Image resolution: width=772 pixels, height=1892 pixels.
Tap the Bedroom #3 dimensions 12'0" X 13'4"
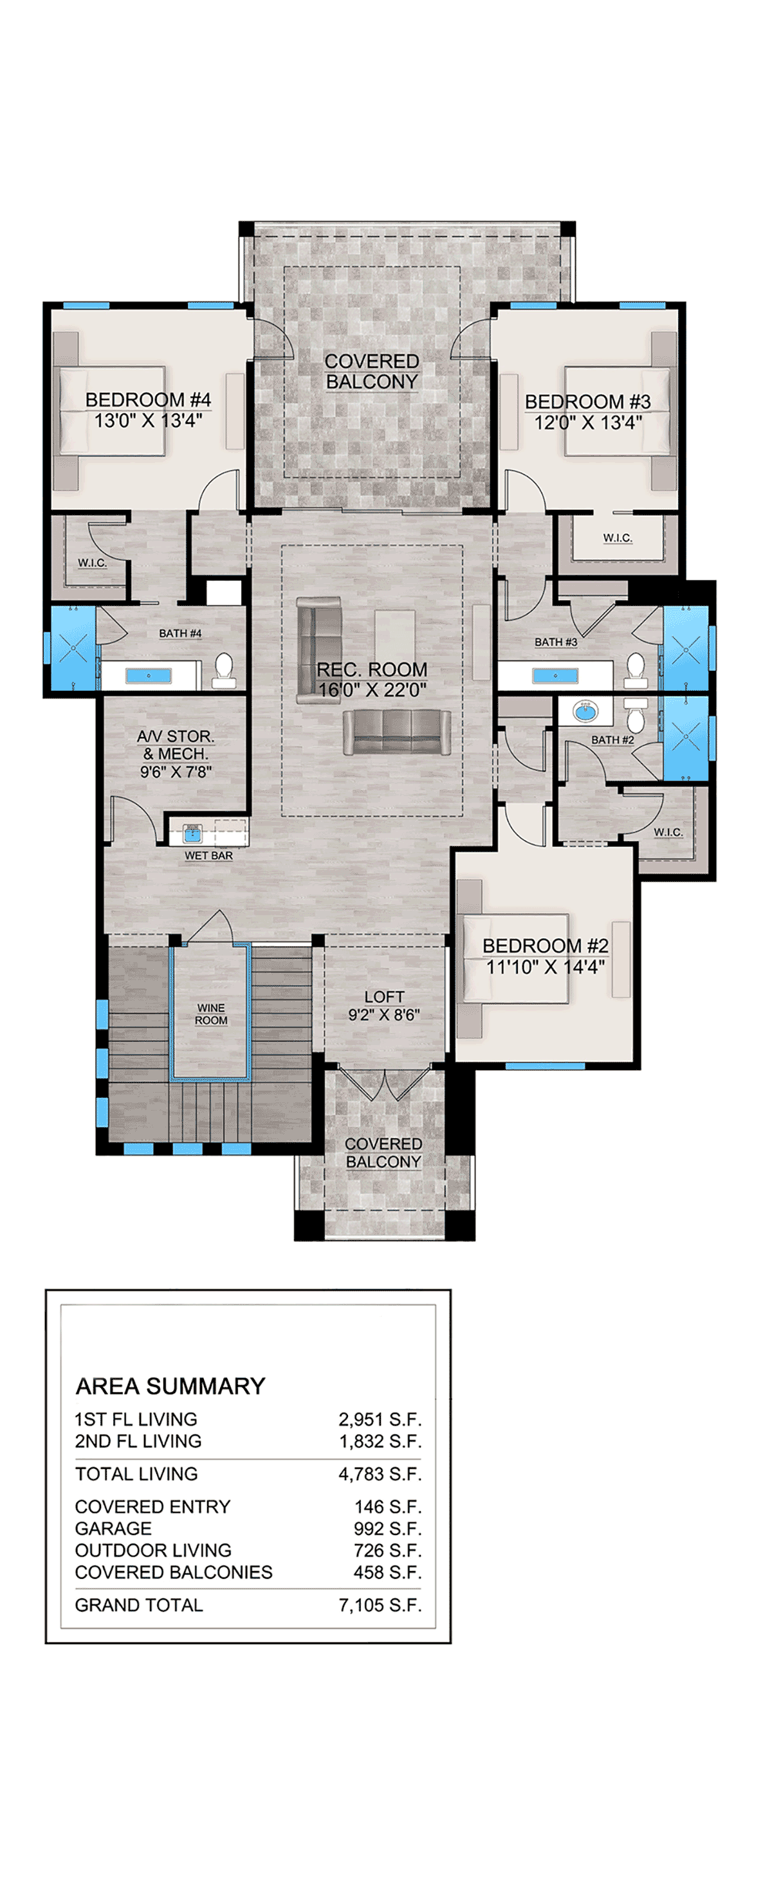(x=587, y=423)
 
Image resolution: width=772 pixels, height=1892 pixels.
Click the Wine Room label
(x=211, y=1014)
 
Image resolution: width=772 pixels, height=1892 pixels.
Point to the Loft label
(x=384, y=997)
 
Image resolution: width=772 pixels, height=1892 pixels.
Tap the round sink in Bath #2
(x=585, y=711)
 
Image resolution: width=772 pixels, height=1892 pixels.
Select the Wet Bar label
(x=208, y=856)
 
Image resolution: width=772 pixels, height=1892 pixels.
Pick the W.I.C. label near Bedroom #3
(x=617, y=538)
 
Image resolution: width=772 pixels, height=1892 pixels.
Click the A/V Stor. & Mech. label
(x=176, y=754)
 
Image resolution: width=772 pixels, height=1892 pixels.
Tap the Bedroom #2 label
(x=545, y=946)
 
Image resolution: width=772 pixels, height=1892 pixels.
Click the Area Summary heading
(x=170, y=1386)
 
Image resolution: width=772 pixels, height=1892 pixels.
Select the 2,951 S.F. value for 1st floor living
(x=380, y=1419)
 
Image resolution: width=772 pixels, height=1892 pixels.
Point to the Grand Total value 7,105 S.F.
(x=380, y=1605)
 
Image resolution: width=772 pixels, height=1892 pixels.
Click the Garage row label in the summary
(x=113, y=1529)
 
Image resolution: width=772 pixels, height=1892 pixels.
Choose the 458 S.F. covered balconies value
(x=387, y=1572)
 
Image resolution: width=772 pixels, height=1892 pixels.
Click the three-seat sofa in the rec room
(x=398, y=732)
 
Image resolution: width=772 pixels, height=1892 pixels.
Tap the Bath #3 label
(x=555, y=642)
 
